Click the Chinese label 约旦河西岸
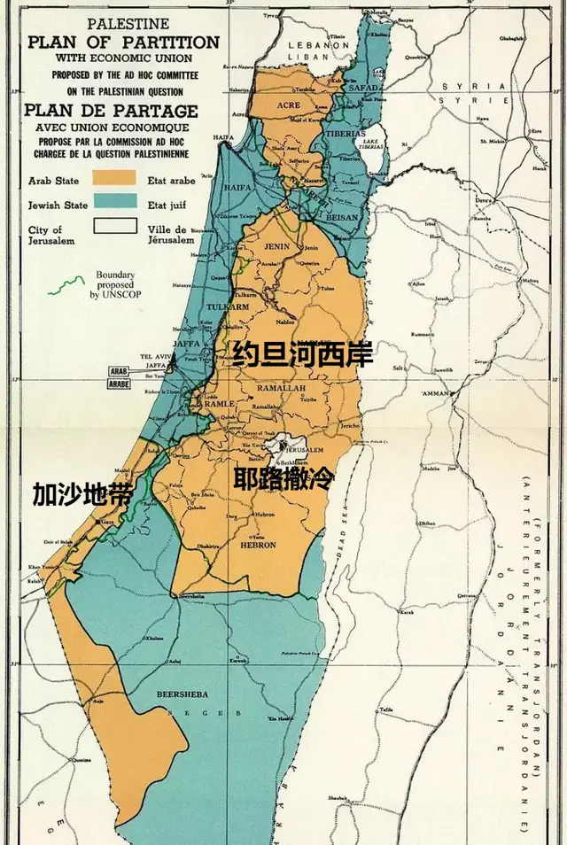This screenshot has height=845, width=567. pyautogui.click(x=302, y=355)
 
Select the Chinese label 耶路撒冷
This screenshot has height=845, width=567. pyautogui.click(x=283, y=480)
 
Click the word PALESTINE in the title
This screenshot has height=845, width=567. pyautogui.click(x=123, y=26)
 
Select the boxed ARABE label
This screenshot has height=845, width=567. pyautogui.click(x=119, y=385)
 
